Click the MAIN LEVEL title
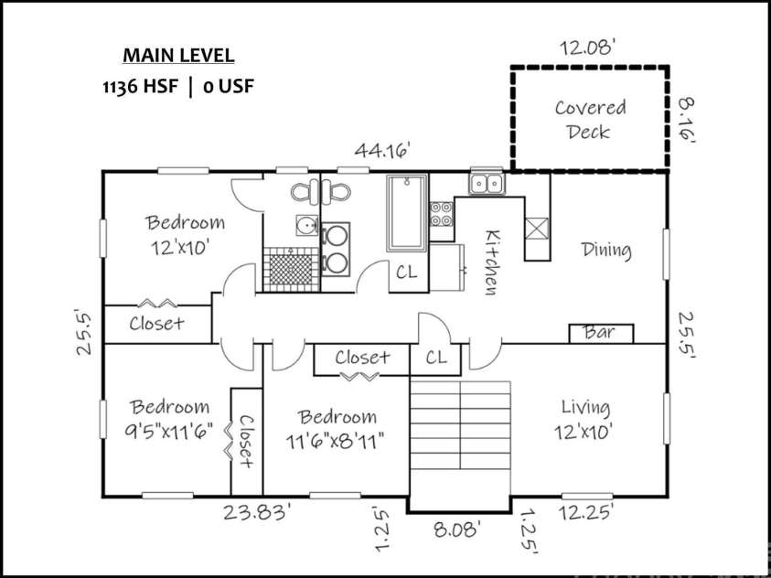tap(178, 55)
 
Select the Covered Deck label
tap(590, 119)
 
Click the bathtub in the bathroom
tap(407, 214)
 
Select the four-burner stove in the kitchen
tap(442, 214)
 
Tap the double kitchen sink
tap(486, 184)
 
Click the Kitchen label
tap(490, 262)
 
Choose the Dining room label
tap(606, 250)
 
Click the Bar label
tap(600, 333)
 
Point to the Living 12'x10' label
tap(585, 418)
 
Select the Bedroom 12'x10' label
tap(185, 234)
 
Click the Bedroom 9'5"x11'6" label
tap(168, 418)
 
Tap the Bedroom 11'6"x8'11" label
tap(336, 427)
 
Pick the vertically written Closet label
tap(246, 440)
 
